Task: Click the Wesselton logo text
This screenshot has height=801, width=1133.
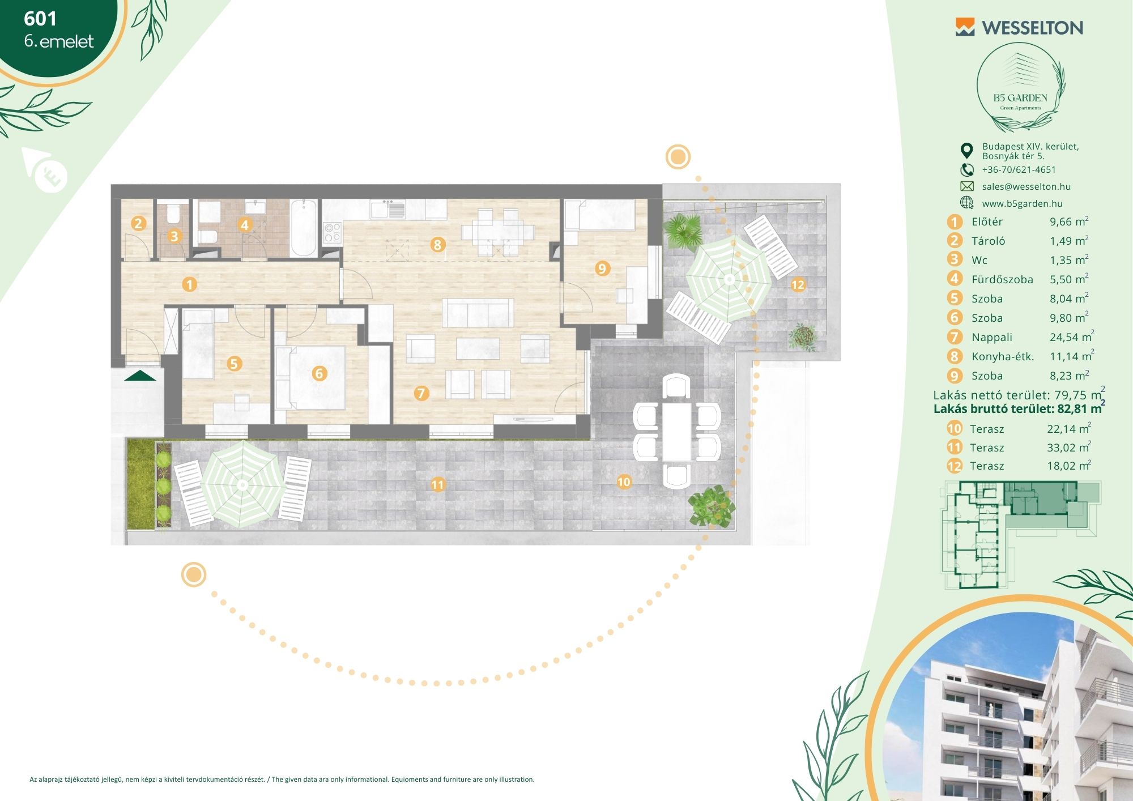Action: (x=1032, y=28)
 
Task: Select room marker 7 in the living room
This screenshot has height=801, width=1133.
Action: (x=421, y=393)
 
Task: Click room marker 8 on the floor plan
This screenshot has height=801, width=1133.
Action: (x=437, y=245)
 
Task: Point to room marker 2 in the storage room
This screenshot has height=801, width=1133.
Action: (x=138, y=223)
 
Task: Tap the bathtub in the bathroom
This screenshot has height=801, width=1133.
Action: (x=304, y=228)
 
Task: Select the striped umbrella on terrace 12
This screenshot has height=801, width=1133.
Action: (x=729, y=279)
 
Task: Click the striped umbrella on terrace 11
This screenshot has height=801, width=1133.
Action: (x=243, y=484)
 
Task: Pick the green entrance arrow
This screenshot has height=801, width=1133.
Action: (x=140, y=376)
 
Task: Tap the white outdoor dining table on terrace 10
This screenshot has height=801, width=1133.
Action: (x=677, y=431)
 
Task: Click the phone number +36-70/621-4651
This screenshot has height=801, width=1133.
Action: (x=1019, y=169)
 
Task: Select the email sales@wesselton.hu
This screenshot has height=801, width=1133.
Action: (x=1026, y=186)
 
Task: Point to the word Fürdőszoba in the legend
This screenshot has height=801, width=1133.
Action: (x=1002, y=279)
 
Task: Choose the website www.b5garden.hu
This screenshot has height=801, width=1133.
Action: (x=1022, y=203)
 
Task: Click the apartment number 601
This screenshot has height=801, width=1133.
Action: (x=40, y=19)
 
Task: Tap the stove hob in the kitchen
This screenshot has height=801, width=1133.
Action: (x=332, y=232)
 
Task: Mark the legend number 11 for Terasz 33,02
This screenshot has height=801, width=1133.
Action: (x=955, y=448)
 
